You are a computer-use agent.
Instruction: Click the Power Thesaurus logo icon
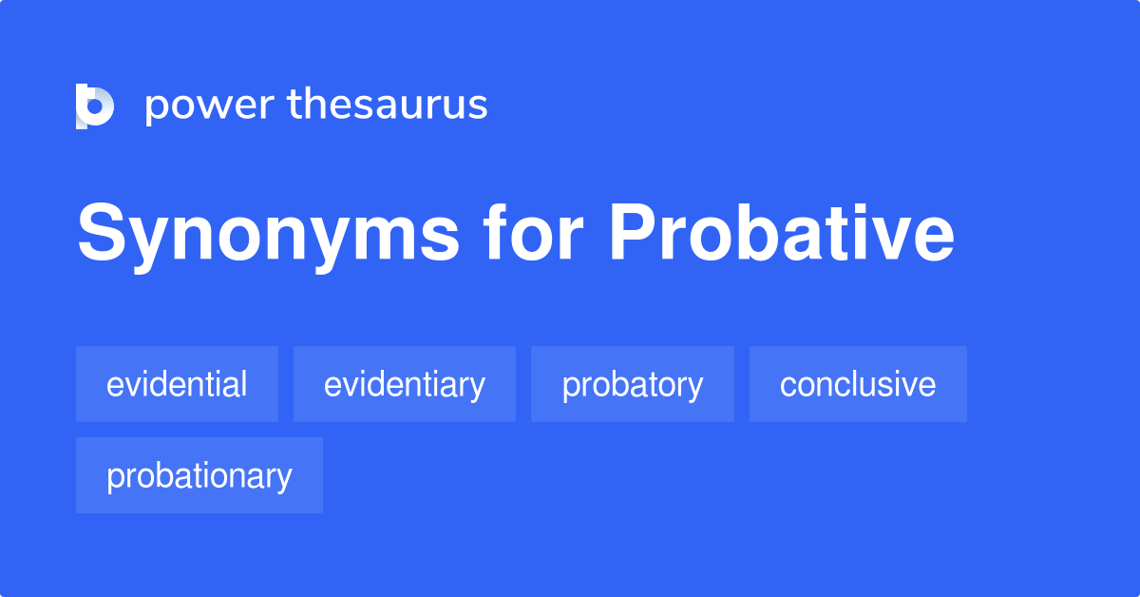coord(95,106)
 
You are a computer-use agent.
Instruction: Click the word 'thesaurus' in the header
coord(388,106)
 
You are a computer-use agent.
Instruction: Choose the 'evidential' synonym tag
coord(177,384)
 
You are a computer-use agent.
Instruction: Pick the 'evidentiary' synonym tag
coord(405,384)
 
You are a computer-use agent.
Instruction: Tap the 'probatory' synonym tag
coord(633,384)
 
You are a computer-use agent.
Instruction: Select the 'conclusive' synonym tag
coord(858,384)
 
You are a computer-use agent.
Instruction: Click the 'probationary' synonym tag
coord(199,475)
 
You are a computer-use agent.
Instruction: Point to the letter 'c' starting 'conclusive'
coord(788,386)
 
